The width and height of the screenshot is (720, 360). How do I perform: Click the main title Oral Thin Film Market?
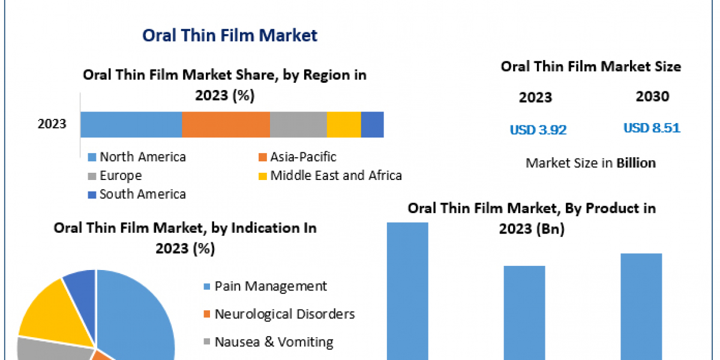click(x=230, y=35)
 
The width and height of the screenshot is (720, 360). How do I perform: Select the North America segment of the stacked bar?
click(x=131, y=125)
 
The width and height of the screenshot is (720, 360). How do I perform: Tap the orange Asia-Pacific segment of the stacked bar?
click(x=226, y=125)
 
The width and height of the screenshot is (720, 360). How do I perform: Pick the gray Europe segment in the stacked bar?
click(x=298, y=125)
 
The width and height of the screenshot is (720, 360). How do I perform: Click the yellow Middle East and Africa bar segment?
click(x=344, y=125)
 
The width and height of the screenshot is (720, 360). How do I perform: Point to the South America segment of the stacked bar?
click(x=373, y=125)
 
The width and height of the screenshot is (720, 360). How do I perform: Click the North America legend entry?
click(x=137, y=157)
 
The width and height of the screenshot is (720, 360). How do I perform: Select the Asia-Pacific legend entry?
click(x=298, y=157)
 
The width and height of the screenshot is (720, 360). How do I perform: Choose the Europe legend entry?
click(x=115, y=176)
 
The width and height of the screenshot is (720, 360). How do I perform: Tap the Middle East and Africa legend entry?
click(x=330, y=175)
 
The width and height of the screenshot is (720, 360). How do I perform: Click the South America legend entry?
click(x=137, y=194)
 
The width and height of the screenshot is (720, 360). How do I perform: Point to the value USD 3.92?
click(x=538, y=130)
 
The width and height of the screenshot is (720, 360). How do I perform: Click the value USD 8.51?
click(x=652, y=128)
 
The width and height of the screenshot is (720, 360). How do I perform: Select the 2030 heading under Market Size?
click(x=653, y=97)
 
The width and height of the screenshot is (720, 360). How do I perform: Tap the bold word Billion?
click(x=636, y=163)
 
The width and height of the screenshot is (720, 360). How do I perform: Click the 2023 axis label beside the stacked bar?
click(x=52, y=124)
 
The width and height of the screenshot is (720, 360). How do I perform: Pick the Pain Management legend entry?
click(x=265, y=286)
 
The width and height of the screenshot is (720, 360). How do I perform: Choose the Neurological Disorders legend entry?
click(x=280, y=314)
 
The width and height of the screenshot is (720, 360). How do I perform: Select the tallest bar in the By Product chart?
click(x=407, y=291)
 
